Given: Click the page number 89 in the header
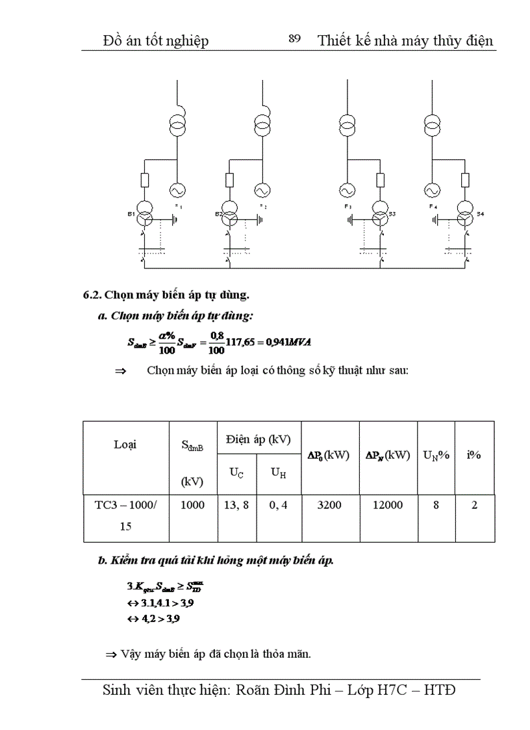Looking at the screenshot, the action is tap(294, 40).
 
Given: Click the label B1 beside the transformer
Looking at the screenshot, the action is tap(131, 213).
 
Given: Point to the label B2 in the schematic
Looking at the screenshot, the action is tap(218, 213).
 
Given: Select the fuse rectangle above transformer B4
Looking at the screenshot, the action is tap(465, 180).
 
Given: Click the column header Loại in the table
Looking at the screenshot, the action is tap(125, 445).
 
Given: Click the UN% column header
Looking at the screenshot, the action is tap(436, 456).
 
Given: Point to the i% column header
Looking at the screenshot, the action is tap(473, 456).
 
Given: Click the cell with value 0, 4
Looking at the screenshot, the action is tap(279, 505).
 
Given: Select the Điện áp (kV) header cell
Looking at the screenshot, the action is tap(258, 439).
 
